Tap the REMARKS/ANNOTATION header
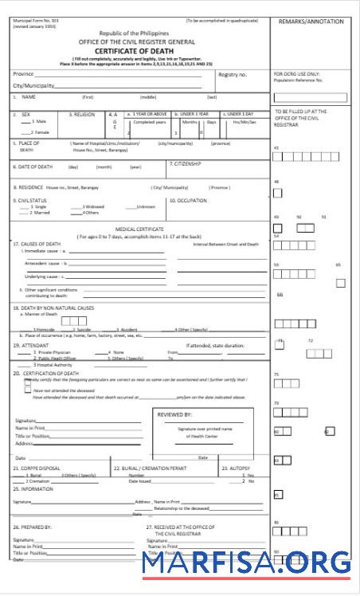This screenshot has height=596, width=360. [311, 22]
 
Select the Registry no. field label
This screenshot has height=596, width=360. [233, 74]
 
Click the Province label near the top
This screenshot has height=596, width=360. [23, 73]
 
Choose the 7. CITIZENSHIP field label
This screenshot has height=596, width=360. [186, 163]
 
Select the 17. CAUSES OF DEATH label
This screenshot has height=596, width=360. [37, 243]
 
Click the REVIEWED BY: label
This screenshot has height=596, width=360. [175, 414]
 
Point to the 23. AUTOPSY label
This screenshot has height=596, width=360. [237, 468]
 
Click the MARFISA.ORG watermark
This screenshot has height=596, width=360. [246, 564]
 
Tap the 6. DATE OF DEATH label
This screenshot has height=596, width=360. [32, 167]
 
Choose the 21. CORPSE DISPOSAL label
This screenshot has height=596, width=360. [37, 468]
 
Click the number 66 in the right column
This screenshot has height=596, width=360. [280, 295]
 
